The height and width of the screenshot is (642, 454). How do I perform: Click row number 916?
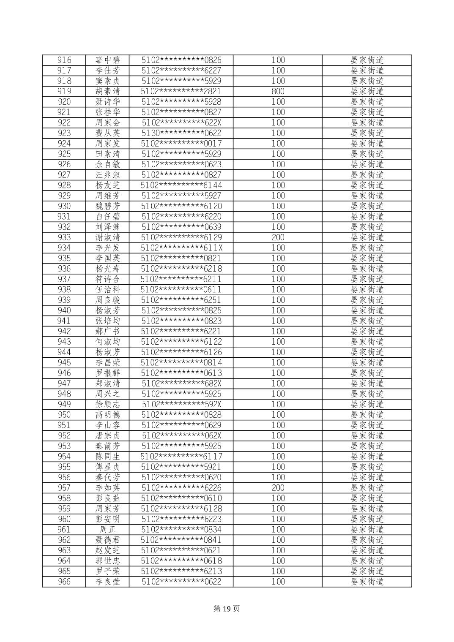click(x=64, y=60)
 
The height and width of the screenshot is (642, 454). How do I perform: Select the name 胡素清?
click(x=108, y=91)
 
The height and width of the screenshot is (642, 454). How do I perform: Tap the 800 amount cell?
click(x=278, y=91)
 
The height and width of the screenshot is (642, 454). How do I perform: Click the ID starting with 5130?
click(x=181, y=133)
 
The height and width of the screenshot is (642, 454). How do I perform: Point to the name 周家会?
click(x=108, y=122)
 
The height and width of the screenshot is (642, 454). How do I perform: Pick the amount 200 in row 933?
click(x=278, y=237)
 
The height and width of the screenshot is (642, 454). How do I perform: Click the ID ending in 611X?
click(x=181, y=248)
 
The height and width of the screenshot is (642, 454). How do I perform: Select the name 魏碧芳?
click(x=108, y=206)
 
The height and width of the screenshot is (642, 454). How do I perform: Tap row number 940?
click(x=64, y=310)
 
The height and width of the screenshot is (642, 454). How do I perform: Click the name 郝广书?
click(x=108, y=331)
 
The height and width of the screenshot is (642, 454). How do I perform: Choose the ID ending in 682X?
click(x=181, y=384)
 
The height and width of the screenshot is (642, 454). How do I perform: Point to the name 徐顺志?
click(x=108, y=404)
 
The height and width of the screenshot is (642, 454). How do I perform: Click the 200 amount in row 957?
click(x=278, y=488)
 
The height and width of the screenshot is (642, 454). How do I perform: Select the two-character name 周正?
click(x=108, y=530)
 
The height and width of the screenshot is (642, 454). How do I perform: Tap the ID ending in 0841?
click(x=181, y=540)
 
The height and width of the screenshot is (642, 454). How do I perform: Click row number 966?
click(x=64, y=582)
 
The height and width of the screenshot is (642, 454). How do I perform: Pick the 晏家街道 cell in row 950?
click(x=367, y=415)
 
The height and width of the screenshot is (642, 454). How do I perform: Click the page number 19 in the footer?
click(x=227, y=609)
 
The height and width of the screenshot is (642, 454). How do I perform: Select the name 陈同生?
click(x=108, y=457)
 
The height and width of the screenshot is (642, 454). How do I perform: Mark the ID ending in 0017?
click(x=181, y=144)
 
